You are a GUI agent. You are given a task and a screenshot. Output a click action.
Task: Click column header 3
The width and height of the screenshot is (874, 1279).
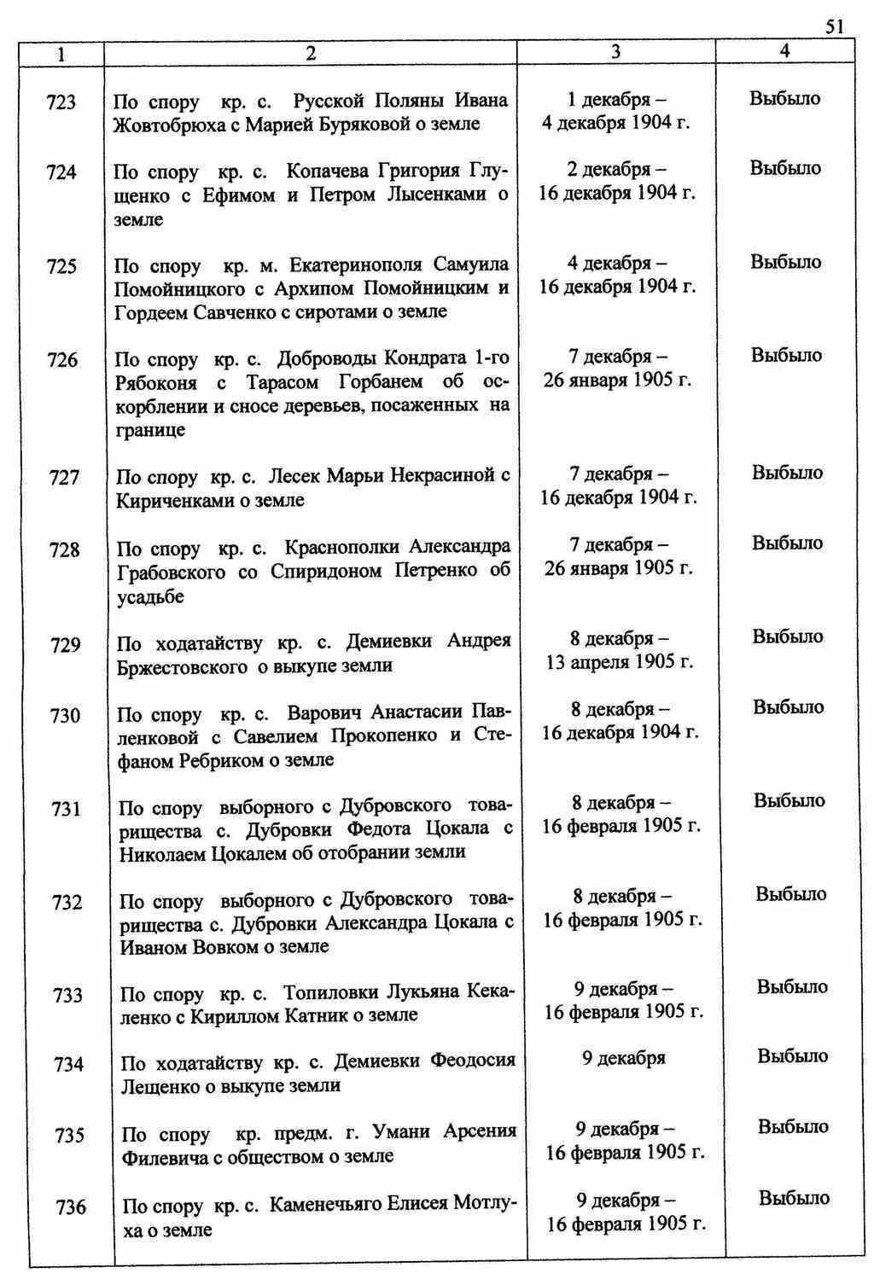pyautogui.click(x=615, y=52)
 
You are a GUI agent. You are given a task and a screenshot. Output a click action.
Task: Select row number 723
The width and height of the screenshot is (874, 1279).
pyautogui.click(x=61, y=103)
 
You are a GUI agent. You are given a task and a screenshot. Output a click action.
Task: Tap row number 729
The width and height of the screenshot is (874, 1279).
pyautogui.click(x=66, y=645)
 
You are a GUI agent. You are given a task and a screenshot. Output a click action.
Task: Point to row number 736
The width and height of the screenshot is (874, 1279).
pyautogui.click(x=71, y=1207)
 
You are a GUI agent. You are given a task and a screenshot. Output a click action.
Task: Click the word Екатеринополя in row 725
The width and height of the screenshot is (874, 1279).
pyautogui.click(x=356, y=265)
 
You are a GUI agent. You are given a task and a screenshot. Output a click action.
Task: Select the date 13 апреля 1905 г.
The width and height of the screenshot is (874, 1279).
pyautogui.click(x=620, y=661)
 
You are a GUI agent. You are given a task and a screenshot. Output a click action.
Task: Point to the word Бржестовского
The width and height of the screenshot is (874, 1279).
pyautogui.click(x=183, y=666)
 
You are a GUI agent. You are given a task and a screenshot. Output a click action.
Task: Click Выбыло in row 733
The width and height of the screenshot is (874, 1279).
pyautogui.click(x=792, y=987)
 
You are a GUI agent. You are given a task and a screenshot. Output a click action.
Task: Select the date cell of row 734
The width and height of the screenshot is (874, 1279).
pyautogui.click(x=623, y=1059)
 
